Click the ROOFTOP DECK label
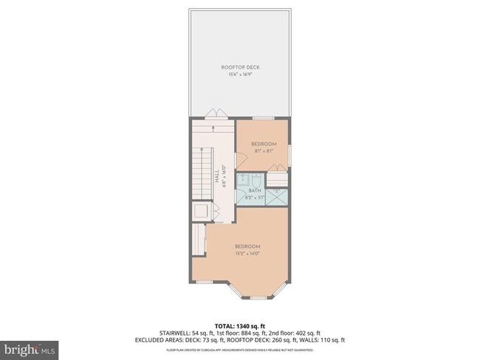coord(241,67)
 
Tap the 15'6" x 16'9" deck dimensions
coord(241,75)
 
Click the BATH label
coord(255,190)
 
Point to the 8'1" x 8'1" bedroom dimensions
coord(264,150)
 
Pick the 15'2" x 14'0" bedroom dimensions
coord(247,254)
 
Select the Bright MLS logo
coord(30,347)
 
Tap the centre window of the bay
coord(258,297)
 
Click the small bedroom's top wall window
coord(264,118)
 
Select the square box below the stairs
coord(200,211)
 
